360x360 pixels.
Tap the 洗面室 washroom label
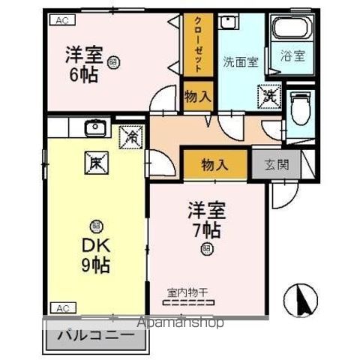(x=240, y=62)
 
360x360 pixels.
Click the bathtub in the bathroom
(x=292, y=30)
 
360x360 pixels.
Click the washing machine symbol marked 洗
(x=268, y=96)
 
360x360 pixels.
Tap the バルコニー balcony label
(x=94, y=334)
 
